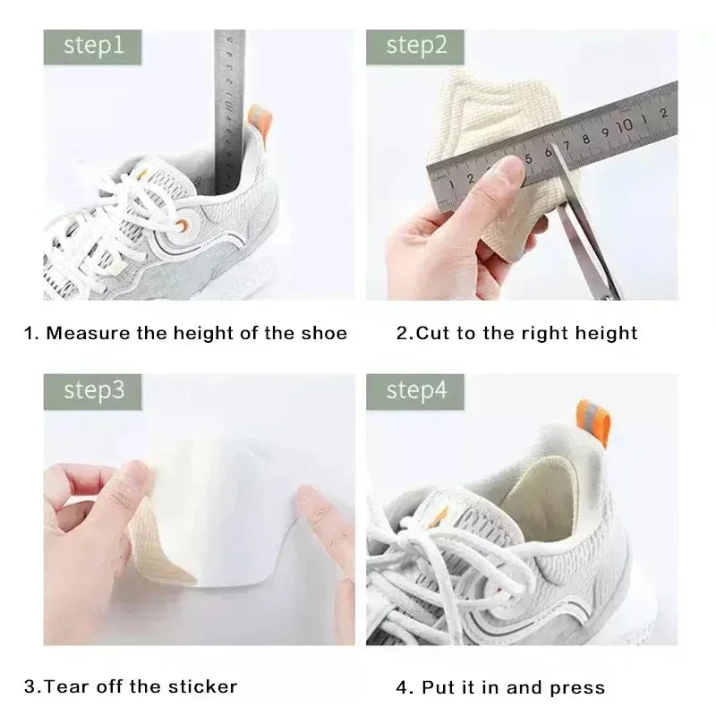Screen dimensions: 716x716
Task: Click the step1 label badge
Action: click(x=92, y=46)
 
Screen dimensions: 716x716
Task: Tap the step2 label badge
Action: click(x=416, y=46)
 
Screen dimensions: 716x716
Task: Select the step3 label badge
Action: click(x=92, y=391)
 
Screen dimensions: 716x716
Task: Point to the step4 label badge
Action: click(x=416, y=391)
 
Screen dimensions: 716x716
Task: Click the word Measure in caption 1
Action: click(x=84, y=334)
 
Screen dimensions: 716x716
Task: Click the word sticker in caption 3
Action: click(x=204, y=687)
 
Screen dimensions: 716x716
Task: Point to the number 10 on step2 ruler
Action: click(x=624, y=124)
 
